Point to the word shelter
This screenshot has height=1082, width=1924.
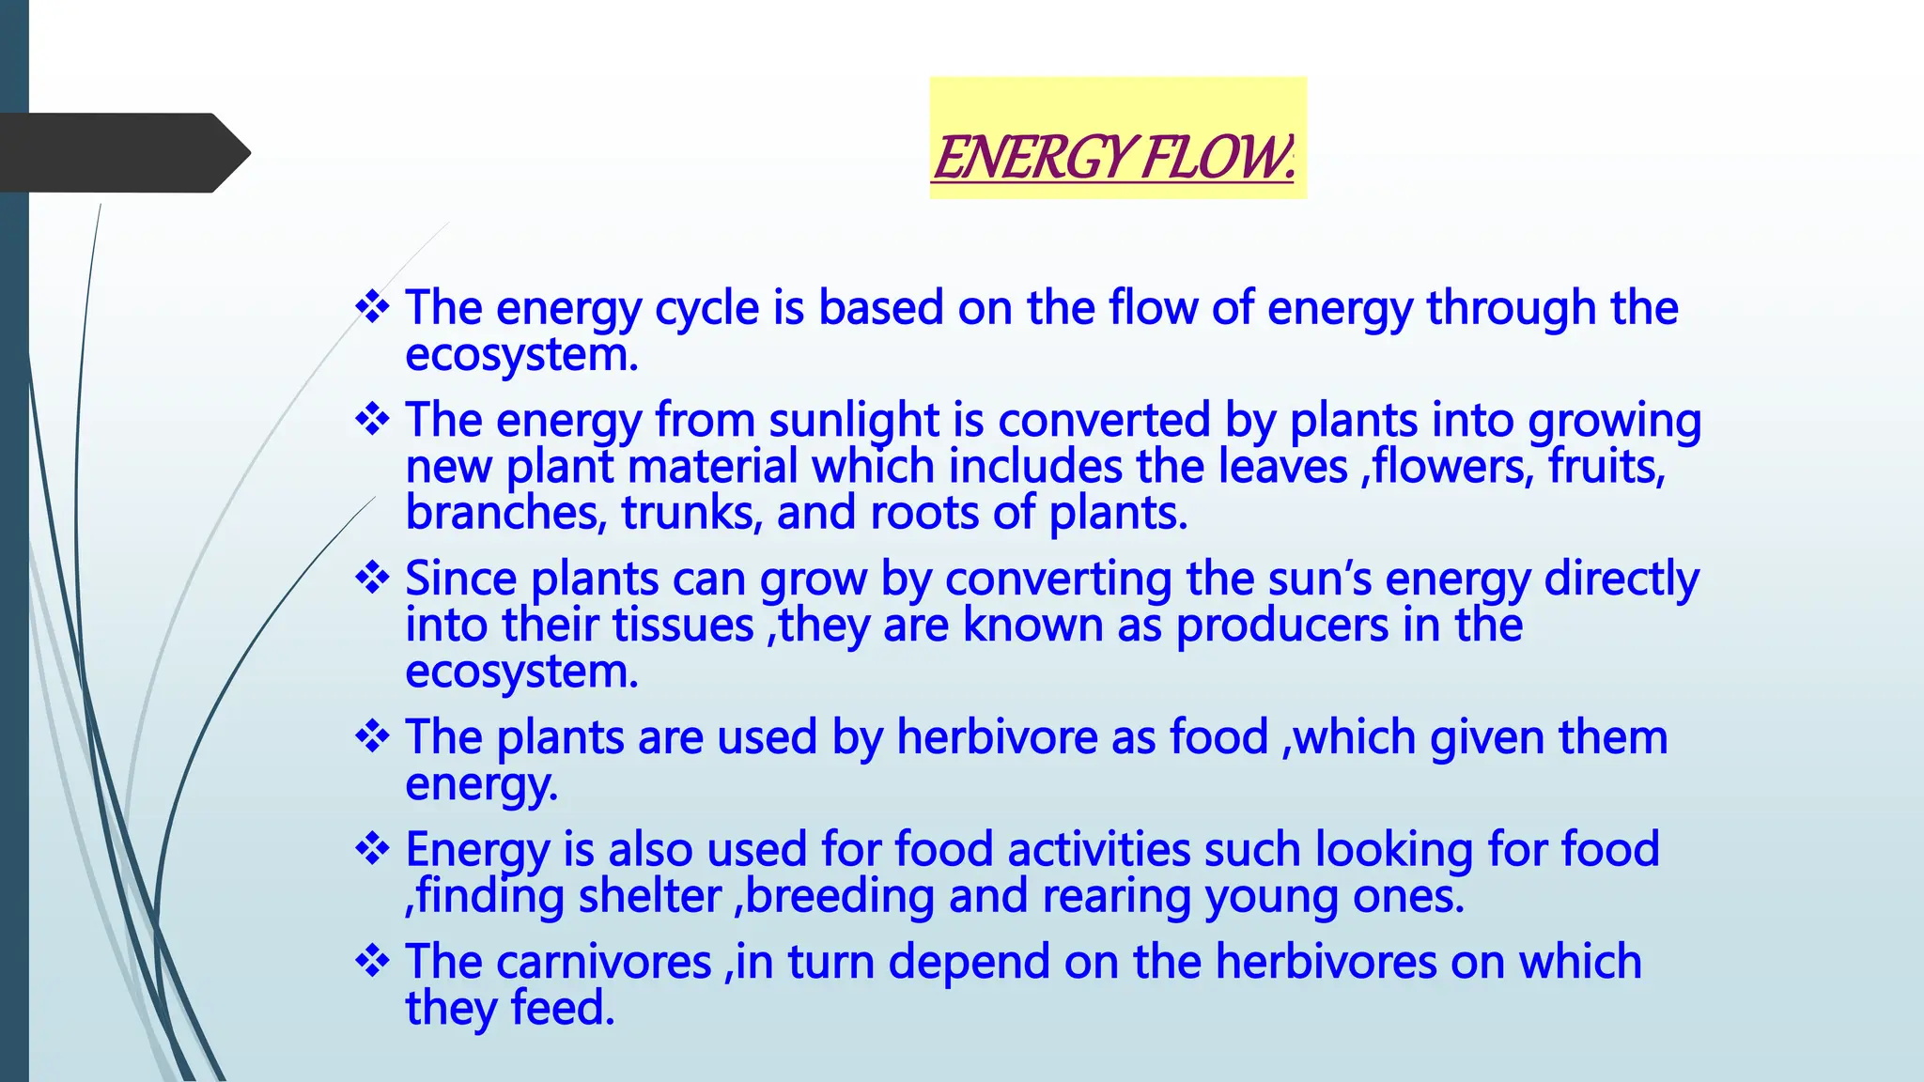coord(649,896)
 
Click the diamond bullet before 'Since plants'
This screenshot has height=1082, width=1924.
coord(372,578)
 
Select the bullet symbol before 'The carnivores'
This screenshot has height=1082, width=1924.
coord(372,961)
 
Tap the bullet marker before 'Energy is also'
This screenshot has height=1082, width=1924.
coord(372,848)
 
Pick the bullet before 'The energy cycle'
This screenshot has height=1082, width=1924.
coord(372,307)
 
